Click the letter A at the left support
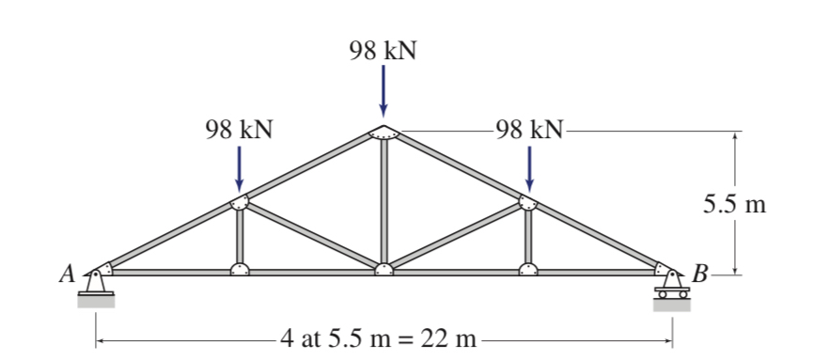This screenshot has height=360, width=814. (x=66, y=274)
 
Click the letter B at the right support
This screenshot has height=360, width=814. (x=700, y=274)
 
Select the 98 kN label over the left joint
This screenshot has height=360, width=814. (x=240, y=130)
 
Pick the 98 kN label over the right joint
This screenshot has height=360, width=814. (x=529, y=130)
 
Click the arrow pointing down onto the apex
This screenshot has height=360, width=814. (x=384, y=94)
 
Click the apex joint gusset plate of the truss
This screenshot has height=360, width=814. (x=384, y=132)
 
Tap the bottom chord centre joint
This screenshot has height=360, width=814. (x=384, y=271)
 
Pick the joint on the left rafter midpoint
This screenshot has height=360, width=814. (x=240, y=202)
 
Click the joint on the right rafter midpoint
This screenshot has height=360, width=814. (x=528, y=201)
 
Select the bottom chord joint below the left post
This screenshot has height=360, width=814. (x=240, y=271)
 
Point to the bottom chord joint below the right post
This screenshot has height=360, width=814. (x=528, y=271)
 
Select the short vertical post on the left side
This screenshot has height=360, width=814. (x=240, y=237)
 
